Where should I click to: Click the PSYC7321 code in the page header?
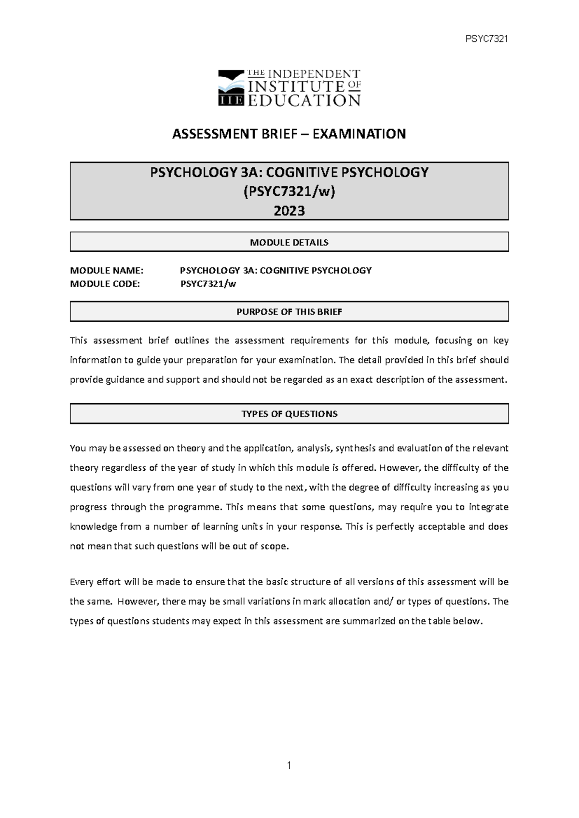(486, 39)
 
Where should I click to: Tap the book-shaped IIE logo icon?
(231, 88)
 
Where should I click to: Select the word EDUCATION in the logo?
(304, 100)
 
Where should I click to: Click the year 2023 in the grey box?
(289, 211)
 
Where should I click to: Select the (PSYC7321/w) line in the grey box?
(289, 191)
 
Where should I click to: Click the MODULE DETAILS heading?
(289, 242)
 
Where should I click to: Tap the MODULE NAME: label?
(107, 270)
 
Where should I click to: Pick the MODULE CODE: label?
(105, 284)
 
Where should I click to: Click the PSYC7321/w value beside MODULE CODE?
(208, 284)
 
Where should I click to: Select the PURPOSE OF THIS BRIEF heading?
(289, 312)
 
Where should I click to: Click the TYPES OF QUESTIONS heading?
(289, 414)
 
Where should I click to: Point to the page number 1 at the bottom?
(289, 765)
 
